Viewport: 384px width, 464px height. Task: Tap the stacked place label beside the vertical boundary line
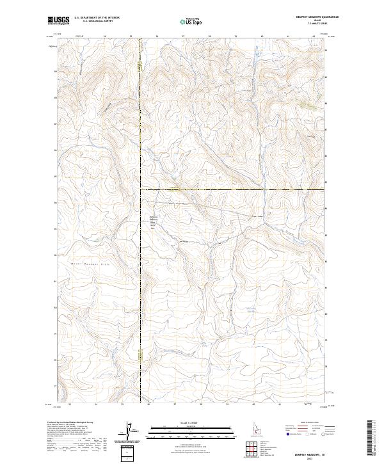coord(153,221)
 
